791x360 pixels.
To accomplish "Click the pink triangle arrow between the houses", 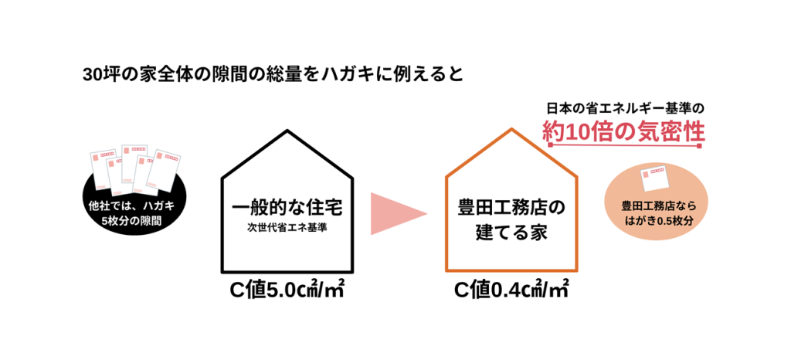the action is point(396,213).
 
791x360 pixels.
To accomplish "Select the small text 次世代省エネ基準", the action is point(287,228).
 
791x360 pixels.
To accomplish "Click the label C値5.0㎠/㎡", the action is point(287,291).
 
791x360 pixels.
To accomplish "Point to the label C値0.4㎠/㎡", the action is point(512,291).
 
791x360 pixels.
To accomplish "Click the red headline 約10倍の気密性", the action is point(623,131).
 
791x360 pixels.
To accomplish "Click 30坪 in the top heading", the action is point(100,75).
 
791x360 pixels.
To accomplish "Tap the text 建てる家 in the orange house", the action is point(511,233).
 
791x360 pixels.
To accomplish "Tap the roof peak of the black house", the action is point(287,131).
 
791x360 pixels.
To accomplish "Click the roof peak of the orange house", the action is point(512,130).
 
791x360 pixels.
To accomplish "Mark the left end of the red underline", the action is point(549,146).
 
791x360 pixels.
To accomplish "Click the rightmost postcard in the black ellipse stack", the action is point(167,169).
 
